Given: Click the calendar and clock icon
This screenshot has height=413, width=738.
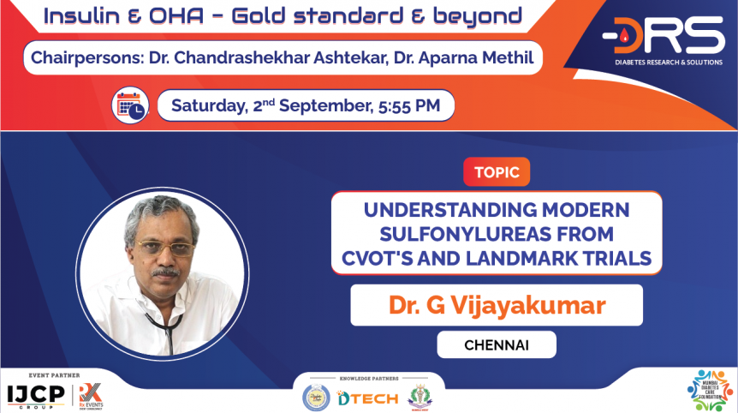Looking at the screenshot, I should pos(131,105).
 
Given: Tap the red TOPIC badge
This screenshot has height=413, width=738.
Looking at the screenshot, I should pos(497,171).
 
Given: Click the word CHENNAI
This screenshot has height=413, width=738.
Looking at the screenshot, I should pos(496,344).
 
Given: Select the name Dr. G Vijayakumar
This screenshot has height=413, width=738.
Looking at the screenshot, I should pos(497,305).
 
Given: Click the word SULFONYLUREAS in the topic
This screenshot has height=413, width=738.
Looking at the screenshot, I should pos(497,233).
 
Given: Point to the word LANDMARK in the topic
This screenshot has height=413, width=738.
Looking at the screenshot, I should pos(528,257).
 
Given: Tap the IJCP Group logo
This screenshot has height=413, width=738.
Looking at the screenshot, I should pos(37,395).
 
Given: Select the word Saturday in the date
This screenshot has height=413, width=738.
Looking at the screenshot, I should pos(209,106).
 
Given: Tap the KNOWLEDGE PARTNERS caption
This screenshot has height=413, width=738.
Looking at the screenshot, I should pos(368,377).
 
